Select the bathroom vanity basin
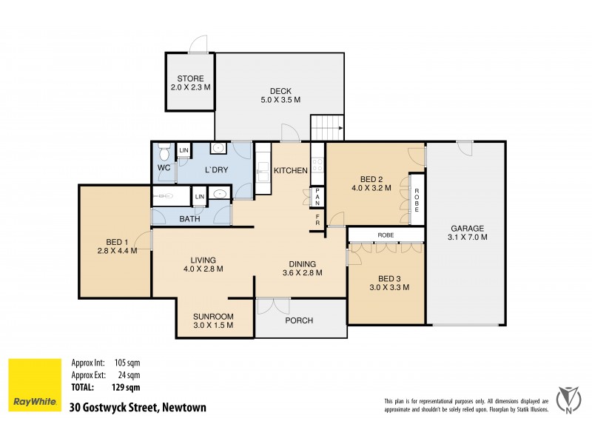(219, 195)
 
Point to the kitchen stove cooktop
(317, 159)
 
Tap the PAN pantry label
(317, 197)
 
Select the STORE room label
(190, 79)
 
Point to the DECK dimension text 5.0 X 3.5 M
(280, 100)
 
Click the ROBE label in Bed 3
(385, 235)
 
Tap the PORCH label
(299, 320)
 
